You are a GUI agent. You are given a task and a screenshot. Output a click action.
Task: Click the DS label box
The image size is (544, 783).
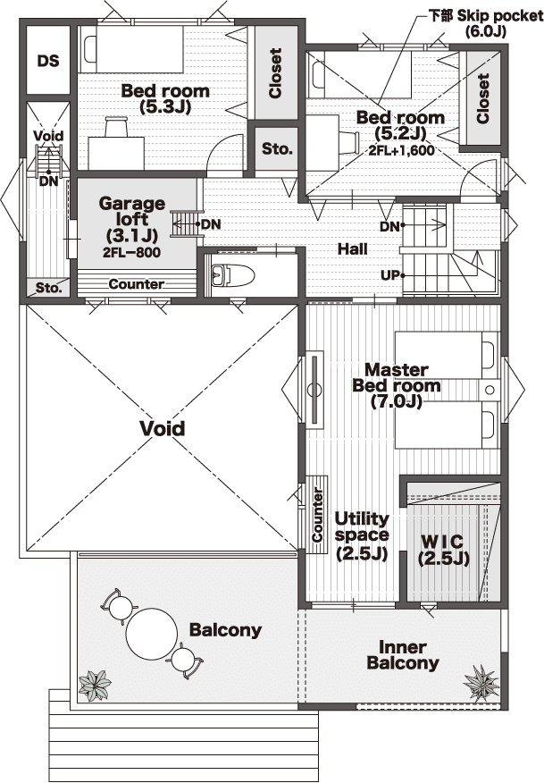click(48, 61)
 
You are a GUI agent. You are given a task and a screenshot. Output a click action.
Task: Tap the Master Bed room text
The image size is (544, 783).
click(397, 385)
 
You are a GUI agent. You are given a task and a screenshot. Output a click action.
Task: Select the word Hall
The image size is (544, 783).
click(352, 248)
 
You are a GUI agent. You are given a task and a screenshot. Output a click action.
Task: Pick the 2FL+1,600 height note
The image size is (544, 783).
click(400, 151)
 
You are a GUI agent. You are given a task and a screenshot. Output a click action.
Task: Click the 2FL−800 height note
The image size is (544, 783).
click(132, 252)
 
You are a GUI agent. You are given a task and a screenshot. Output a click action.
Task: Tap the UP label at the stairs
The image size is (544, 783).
click(389, 274)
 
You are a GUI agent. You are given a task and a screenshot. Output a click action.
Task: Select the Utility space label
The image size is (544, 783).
click(361, 535)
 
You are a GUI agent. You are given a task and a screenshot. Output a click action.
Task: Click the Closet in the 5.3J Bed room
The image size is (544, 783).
click(275, 73)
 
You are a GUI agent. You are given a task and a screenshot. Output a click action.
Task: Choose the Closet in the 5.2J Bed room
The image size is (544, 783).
click(482, 98)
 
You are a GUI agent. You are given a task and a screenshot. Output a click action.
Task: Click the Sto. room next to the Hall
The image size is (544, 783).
click(278, 149)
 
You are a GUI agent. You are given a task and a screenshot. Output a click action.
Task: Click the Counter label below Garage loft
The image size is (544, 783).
click(136, 284)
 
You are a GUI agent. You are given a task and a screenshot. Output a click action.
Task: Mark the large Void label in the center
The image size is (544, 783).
click(163, 428)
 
